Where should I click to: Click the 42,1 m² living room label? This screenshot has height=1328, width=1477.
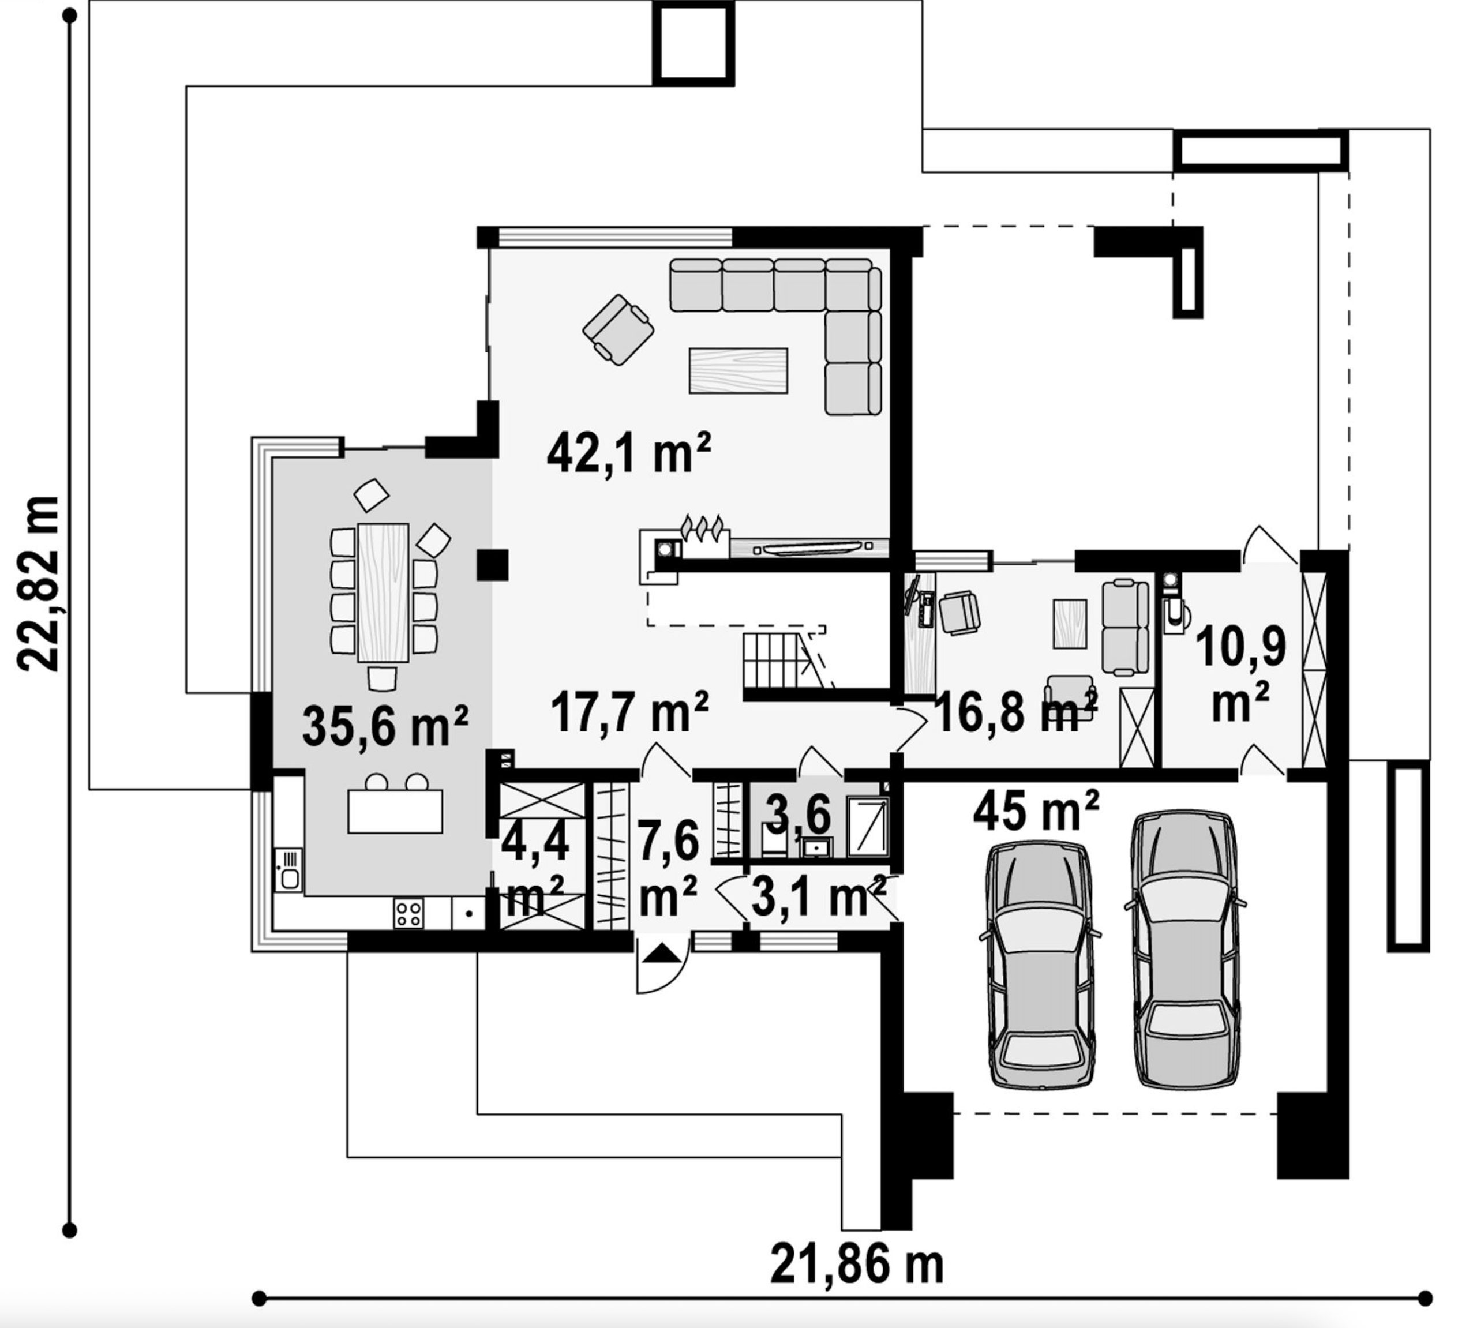628,453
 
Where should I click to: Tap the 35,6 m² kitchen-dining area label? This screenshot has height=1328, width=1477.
385,726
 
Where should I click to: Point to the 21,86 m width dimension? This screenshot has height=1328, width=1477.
857,1265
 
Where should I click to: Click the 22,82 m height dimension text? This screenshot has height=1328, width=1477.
38,583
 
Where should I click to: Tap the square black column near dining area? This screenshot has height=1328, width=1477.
493,565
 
